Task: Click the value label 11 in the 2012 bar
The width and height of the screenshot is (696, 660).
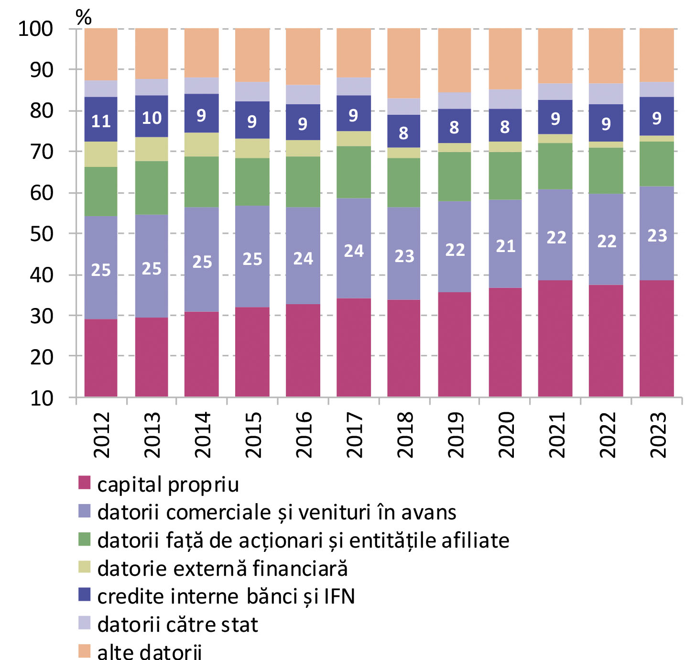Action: point(101,121)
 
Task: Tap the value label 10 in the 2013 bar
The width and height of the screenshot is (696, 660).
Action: point(152,118)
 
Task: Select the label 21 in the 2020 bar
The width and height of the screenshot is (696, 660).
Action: point(505,246)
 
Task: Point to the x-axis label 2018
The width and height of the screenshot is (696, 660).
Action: point(404,435)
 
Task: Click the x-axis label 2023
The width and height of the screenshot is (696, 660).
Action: point(657,435)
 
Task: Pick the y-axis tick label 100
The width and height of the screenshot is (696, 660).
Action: point(35,29)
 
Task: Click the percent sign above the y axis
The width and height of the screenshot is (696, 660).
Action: point(84,18)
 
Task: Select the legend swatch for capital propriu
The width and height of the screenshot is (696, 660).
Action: point(84,483)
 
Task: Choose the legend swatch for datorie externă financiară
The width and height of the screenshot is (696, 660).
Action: point(84,567)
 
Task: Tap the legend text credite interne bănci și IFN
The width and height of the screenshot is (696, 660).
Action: point(226,596)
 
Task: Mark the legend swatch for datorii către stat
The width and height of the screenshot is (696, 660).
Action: point(84,623)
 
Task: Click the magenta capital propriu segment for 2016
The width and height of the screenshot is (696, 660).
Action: point(303,350)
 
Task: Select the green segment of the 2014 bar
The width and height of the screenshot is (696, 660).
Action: point(202,182)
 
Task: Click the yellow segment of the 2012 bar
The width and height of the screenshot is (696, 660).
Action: point(101,154)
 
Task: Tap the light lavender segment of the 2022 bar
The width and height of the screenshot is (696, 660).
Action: point(606,94)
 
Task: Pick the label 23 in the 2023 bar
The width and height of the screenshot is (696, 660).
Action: point(657,235)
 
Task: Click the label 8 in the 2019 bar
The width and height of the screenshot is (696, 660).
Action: point(454,127)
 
